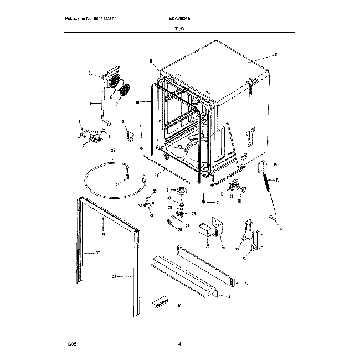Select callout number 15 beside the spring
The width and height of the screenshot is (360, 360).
277,180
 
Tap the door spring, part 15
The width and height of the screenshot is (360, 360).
269,181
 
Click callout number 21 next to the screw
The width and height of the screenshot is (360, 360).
218,203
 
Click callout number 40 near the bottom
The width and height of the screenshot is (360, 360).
178,305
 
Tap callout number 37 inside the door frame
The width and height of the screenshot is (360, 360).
97,254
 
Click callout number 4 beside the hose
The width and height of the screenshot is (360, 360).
90,103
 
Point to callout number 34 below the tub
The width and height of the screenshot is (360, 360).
157,175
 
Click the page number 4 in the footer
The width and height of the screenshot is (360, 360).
180,344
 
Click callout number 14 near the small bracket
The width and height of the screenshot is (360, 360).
275,165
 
